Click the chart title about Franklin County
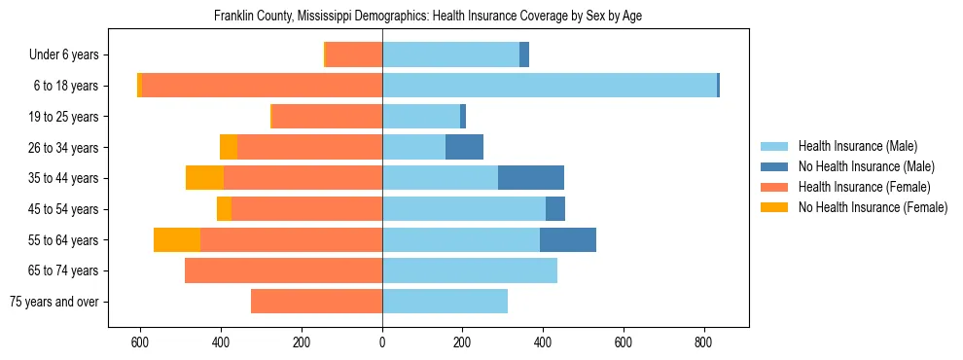(427, 17)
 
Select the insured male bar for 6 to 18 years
(550, 86)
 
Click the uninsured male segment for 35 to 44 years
(531, 178)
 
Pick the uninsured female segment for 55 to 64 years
(177, 239)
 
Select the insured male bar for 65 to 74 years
(470, 270)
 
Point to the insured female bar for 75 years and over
(316, 302)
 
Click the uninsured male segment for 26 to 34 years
(464, 147)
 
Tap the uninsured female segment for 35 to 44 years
(204, 178)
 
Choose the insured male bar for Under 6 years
(450, 54)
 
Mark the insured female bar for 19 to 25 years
(327, 117)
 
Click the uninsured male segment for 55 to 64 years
(568, 239)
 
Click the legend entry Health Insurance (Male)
(857, 146)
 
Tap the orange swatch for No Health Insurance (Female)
(774, 207)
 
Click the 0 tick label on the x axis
(382, 342)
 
